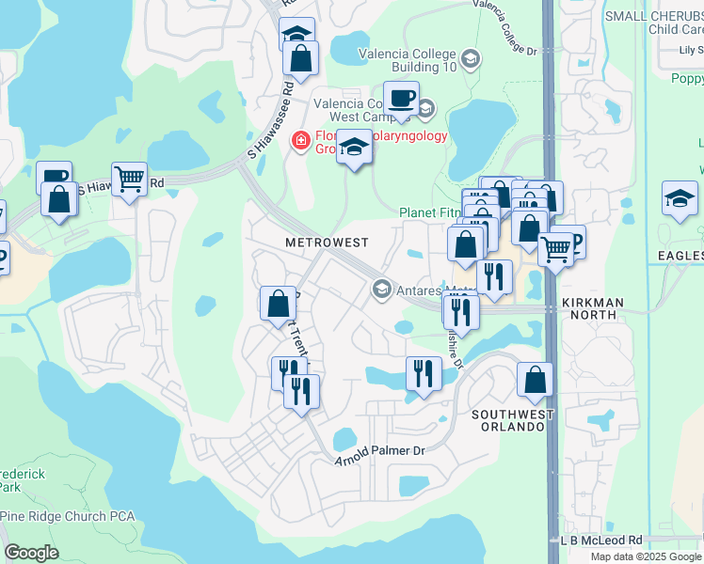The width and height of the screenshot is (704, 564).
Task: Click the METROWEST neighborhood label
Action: (x=327, y=243)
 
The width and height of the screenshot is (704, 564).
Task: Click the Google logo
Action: (x=31, y=553)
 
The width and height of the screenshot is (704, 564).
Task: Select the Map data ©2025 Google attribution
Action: (x=646, y=556)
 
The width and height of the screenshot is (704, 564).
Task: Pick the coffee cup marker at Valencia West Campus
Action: (x=401, y=99)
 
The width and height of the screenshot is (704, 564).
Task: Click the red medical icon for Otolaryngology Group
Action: (x=301, y=141)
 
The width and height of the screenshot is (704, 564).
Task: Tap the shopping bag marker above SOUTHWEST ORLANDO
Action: (x=535, y=379)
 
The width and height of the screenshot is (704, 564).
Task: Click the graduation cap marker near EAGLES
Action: (x=680, y=199)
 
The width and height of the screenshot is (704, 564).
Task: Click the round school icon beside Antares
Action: (x=381, y=289)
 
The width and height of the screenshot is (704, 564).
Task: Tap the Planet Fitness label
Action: (x=431, y=213)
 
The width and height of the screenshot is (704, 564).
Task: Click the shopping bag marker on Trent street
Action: (x=278, y=304)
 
